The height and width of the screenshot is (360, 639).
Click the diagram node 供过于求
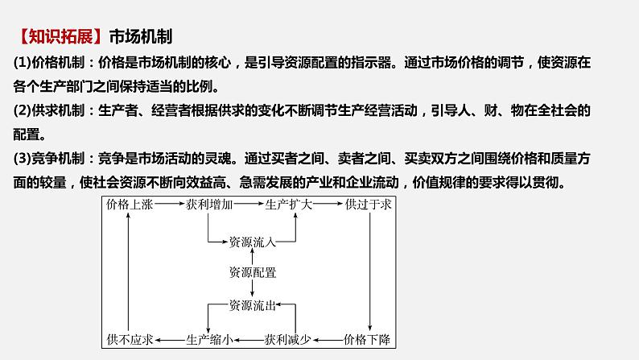click(368, 205)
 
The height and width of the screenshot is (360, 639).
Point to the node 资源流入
click(252, 240)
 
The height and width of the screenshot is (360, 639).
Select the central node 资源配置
click(252, 272)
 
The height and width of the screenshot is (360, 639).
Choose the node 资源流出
click(252, 305)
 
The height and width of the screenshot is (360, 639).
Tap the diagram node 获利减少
click(292, 339)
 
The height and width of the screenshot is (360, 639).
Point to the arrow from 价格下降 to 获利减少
click(329, 339)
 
